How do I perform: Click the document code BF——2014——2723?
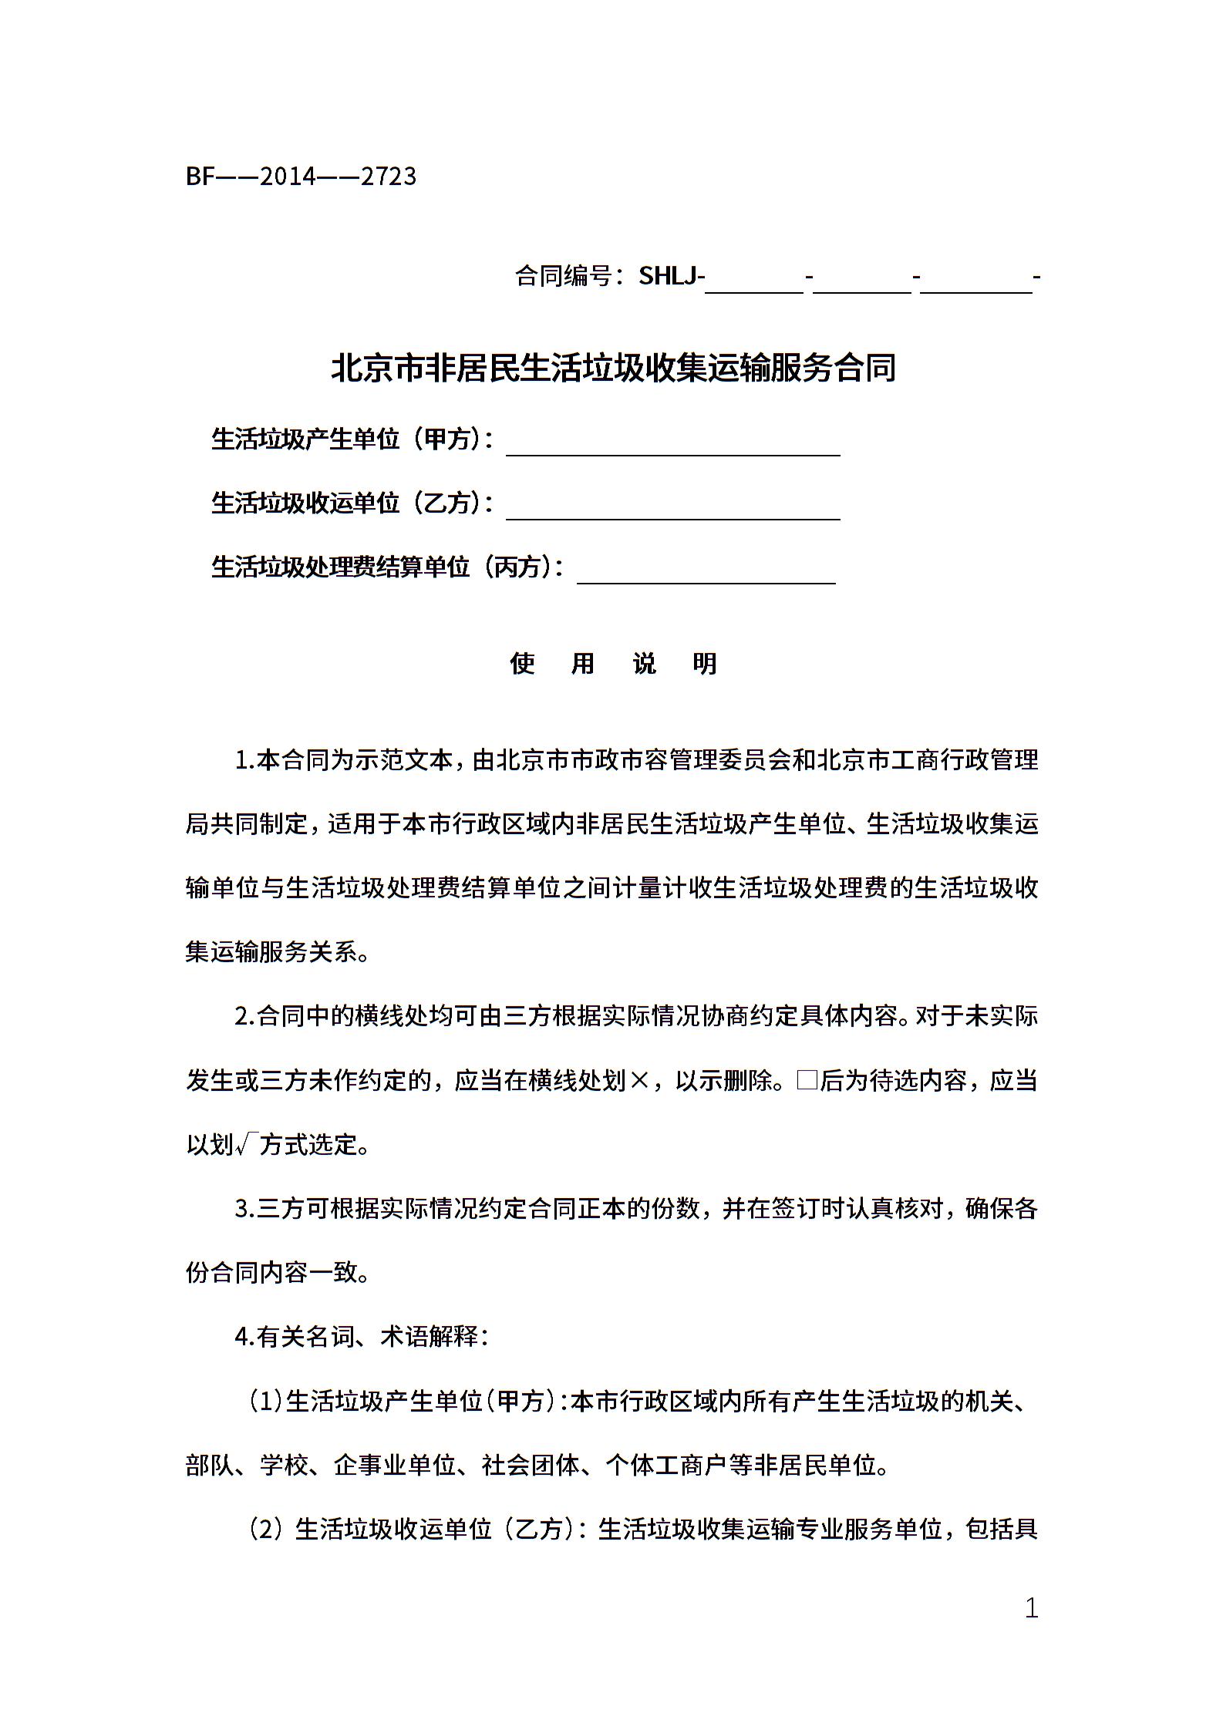pos(301,177)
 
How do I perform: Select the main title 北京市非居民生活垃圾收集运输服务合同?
pos(613,368)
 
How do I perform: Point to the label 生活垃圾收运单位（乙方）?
pos(351,503)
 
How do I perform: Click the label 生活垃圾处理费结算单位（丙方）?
pos(386,567)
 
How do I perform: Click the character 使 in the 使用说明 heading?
pos(522,663)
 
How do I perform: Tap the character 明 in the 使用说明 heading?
pos(705,663)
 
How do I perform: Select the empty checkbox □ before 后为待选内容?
pos(807,1080)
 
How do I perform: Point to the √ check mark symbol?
pos(244,1145)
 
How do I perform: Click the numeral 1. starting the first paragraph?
pos(244,760)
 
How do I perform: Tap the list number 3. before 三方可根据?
pos(244,1208)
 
